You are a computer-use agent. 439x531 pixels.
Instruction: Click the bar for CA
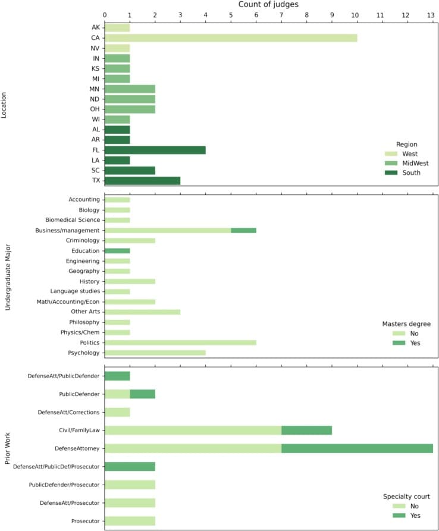pos(231,38)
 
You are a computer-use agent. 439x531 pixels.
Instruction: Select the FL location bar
pos(155,150)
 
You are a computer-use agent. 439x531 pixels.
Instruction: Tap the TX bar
pos(143,181)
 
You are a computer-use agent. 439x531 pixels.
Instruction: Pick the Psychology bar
pos(155,353)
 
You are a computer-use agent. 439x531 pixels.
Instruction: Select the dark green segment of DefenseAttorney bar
pos(357,448)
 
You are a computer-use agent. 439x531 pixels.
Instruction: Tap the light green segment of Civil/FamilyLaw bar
pos(193,430)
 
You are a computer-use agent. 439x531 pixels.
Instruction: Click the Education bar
pos(117,251)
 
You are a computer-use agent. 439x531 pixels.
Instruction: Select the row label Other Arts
pos(84,312)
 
